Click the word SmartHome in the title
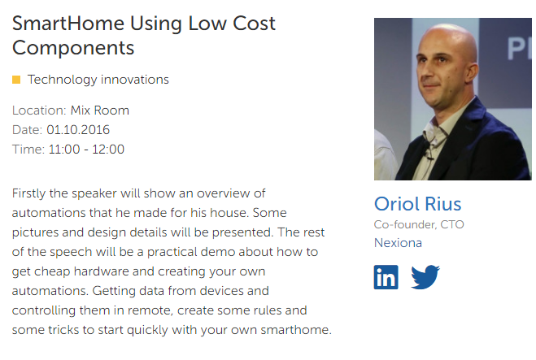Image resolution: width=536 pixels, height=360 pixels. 68,24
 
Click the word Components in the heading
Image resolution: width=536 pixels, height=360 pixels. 73,48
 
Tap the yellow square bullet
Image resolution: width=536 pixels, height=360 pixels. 16,80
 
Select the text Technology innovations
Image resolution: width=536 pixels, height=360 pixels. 98,80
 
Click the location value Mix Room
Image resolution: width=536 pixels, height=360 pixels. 100,111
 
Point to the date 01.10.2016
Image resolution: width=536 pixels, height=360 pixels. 78,130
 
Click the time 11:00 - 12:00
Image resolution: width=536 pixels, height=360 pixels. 86,150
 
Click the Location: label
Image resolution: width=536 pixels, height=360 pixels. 39,111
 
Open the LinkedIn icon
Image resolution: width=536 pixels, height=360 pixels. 386,277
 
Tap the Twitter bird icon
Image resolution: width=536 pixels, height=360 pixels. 425,276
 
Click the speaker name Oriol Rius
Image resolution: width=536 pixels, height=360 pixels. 418,204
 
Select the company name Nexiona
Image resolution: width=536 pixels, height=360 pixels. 398,243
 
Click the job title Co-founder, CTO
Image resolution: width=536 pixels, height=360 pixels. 419,224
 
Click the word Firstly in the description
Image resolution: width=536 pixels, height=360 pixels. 29,193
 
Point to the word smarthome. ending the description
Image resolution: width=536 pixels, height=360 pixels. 296,330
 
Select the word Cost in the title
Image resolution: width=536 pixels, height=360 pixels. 254,24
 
